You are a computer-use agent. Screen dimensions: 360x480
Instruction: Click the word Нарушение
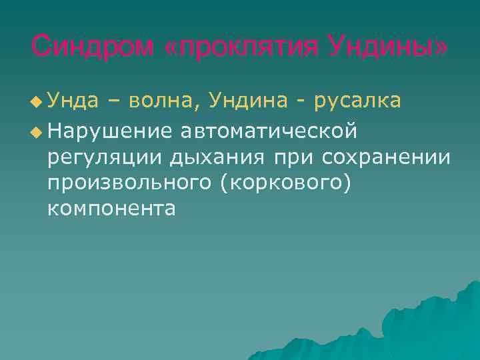[x=109, y=132]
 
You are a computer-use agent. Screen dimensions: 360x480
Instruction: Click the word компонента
[x=111, y=209]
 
